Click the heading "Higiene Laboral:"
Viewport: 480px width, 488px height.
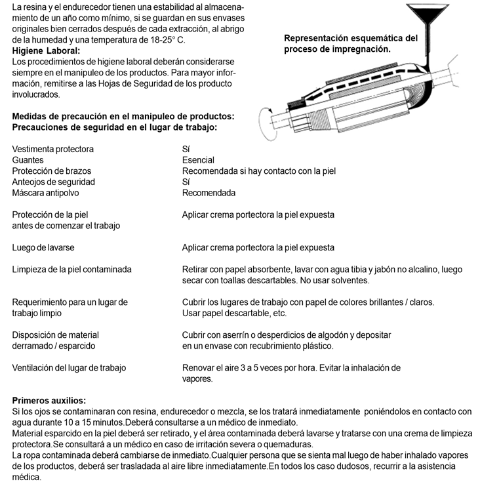pos(47,51)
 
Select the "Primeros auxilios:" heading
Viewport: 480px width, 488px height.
pos(49,401)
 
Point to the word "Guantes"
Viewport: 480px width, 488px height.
pos(28,160)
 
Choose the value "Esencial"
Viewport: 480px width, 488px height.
pos(198,160)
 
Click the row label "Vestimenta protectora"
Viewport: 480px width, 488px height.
pos(53,149)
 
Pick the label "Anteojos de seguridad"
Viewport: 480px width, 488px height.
pos(54,182)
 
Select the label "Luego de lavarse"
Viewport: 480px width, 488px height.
pos(43,248)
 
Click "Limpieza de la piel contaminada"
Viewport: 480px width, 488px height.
pos(72,270)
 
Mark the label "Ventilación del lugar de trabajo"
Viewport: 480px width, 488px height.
pos(70,368)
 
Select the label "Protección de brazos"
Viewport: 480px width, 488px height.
pos(51,171)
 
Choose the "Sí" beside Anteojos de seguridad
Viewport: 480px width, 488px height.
pos(186,182)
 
